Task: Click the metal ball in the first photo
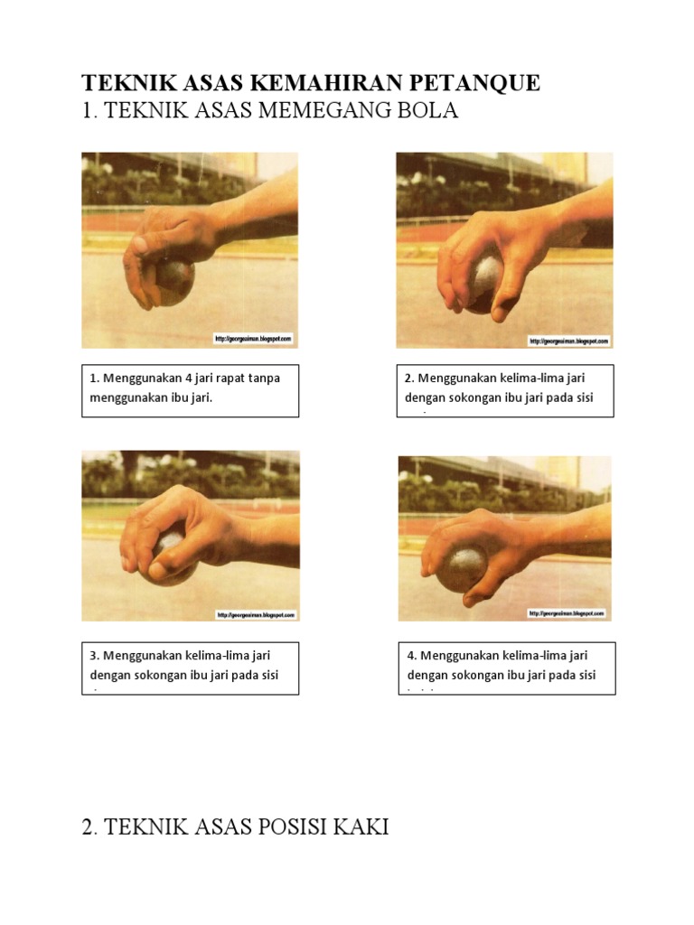173,280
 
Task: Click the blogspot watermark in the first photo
253,339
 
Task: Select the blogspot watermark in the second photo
568,341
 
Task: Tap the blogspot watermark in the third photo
256,614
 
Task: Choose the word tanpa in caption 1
264,378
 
